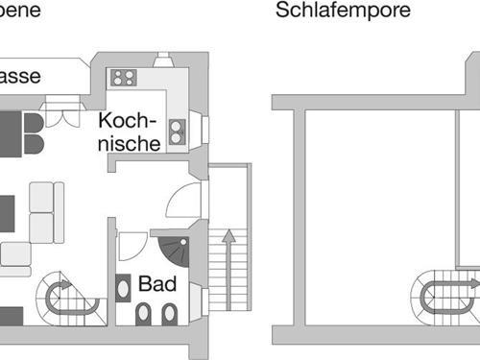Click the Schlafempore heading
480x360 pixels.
[343, 11]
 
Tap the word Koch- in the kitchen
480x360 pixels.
[128, 123]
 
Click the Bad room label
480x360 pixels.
[157, 284]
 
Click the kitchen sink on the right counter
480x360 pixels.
[177, 132]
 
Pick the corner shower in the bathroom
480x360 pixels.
[175, 251]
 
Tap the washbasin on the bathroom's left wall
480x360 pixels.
[123, 286]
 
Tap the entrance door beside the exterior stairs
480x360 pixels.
[183, 202]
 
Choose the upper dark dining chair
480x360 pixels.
[33, 123]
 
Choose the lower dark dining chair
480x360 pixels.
[33, 146]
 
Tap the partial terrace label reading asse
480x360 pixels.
[19, 77]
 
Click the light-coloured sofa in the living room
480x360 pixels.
[44, 216]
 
